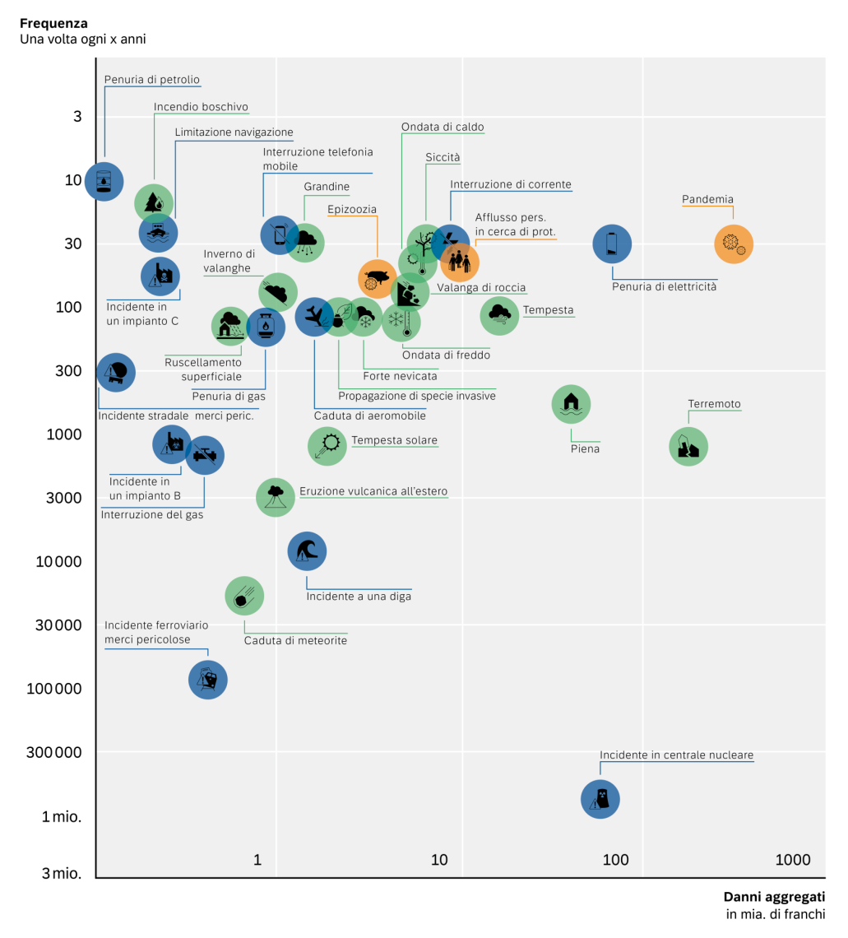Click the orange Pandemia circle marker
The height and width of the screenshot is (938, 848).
(x=734, y=244)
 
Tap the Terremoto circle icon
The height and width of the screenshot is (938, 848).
(x=688, y=447)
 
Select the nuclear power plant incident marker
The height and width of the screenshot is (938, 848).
(x=600, y=799)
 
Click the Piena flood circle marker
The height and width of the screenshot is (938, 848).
(x=571, y=404)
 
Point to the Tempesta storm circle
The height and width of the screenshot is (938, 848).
(x=500, y=315)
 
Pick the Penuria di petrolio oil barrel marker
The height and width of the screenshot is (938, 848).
(x=104, y=181)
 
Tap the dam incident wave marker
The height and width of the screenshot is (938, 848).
(x=307, y=550)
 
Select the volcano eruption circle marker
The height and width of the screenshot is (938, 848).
(x=276, y=497)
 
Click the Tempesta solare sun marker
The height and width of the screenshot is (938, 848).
(x=327, y=446)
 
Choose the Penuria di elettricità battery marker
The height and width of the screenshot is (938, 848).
(x=612, y=244)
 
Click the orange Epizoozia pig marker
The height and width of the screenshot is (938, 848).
(x=378, y=279)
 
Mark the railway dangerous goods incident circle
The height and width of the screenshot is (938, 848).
(x=208, y=680)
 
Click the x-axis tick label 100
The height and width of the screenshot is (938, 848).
(x=615, y=860)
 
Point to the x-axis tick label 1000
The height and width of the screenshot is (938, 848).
(x=793, y=860)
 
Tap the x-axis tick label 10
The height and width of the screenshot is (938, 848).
(x=439, y=860)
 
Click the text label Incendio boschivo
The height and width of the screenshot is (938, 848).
(x=201, y=107)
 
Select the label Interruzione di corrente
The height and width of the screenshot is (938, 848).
(x=511, y=184)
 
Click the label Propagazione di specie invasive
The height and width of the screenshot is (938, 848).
(x=417, y=396)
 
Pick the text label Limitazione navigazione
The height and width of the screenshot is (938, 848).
(x=234, y=132)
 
